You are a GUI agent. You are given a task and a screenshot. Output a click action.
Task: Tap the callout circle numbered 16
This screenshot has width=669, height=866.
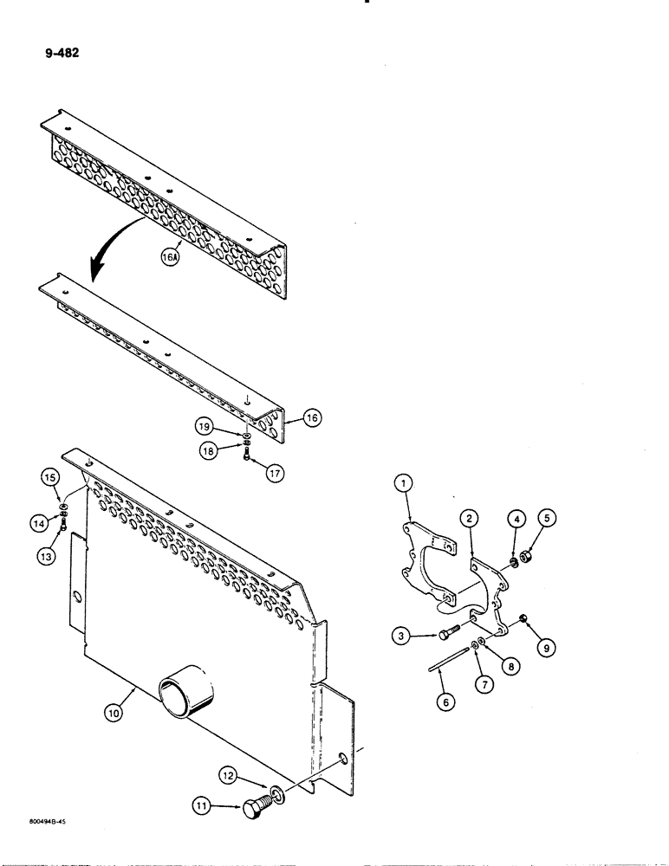[x=312, y=417]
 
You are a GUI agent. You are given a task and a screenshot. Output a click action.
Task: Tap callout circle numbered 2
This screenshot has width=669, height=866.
[x=469, y=519]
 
